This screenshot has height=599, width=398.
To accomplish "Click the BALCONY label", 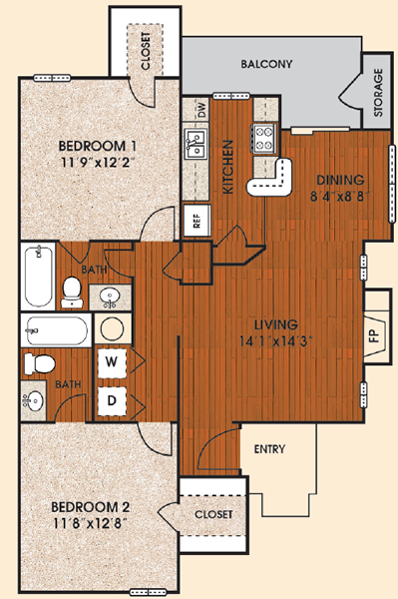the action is tap(266, 64).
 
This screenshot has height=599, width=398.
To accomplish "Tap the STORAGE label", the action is tap(378, 93).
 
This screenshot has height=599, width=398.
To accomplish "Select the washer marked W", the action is tap(111, 361).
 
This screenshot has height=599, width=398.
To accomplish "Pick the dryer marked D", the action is tap(112, 400).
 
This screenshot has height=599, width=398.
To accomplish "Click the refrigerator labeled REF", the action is tap(197, 221).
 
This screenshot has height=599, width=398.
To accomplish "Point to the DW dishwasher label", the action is tap(202, 111).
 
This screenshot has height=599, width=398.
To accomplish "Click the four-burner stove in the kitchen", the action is tap(263, 139).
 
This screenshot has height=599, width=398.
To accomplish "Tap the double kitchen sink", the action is tap(196, 143).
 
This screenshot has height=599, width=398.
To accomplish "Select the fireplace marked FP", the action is tap(377, 335).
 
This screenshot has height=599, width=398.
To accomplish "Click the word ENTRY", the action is tap(269, 449).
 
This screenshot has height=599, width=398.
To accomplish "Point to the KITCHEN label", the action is tap(227, 167).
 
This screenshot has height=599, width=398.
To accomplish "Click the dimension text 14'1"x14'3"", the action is tap(276, 340).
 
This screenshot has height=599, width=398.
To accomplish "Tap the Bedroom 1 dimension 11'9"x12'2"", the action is tap(99, 163).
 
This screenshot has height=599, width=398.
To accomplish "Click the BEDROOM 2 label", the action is tap(91, 507).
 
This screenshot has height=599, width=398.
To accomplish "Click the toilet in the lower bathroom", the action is tap(39, 363).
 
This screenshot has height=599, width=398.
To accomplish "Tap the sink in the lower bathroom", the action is tap(33, 400).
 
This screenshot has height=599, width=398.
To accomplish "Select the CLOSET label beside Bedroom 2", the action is tap(213, 514).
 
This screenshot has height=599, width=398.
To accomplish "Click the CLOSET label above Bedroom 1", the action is tap(146, 51).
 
